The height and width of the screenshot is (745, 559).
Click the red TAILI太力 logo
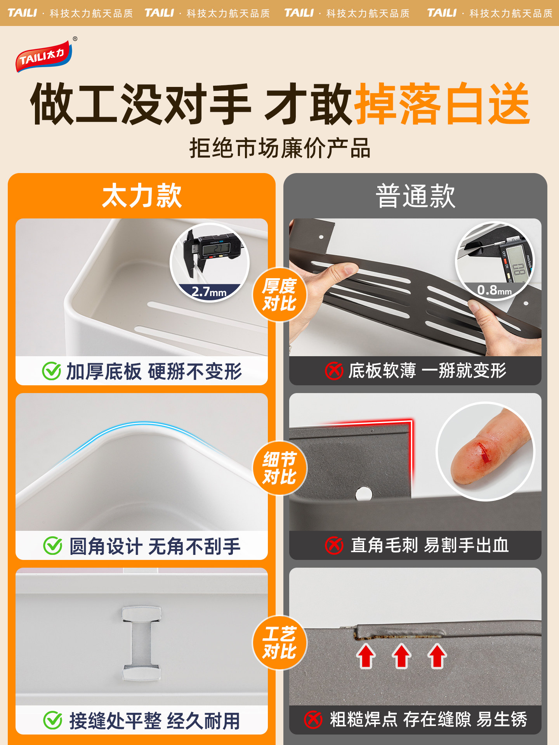click(x=43, y=57)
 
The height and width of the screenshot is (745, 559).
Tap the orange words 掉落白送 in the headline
click(x=443, y=104)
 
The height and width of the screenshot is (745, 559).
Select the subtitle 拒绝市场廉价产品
click(x=279, y=148)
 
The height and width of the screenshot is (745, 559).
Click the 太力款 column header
click(x=142, y=196)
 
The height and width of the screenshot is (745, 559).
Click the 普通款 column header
click(x=415, y=196)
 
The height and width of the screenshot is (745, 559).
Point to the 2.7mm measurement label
click(x=209, y=292)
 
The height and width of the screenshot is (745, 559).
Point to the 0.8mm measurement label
click(x=494, y=290)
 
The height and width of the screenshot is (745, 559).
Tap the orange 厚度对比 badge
click(x=279, y=295)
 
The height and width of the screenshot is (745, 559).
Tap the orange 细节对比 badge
click(x=279, y=468)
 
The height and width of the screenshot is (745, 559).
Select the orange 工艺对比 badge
click(x=279, y=643)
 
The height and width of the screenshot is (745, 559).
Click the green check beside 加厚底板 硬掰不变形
click(x=52, y=371)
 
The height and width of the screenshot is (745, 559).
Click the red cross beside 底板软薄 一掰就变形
click(x=334, y=371)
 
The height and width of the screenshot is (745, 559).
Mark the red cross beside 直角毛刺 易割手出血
click(x=334, y=546)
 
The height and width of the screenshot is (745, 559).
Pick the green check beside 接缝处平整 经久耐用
click(x=53, y=721)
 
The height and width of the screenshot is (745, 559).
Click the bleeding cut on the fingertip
click(x=484, y=452)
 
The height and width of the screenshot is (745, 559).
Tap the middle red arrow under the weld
click(x=401, y=656)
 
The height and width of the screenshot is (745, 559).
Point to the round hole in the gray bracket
click(x=364, y=494)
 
